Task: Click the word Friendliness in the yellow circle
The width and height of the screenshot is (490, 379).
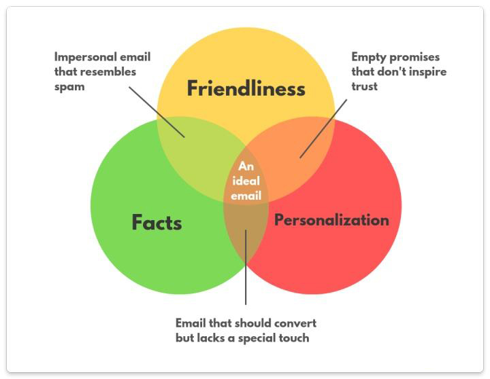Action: click(x=246, y=88)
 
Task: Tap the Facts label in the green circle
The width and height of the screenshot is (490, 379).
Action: click(x=157, y=222)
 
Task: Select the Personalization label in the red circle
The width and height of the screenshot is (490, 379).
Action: click(x=331, y=220)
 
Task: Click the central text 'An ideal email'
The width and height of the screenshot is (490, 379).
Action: click(x=246, y=181)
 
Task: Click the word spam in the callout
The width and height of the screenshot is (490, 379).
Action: click(x=69, y=86)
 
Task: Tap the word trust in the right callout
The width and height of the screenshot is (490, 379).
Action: click(x=364, y=86)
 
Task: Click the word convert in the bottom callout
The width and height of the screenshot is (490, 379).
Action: click(x=297, y=323)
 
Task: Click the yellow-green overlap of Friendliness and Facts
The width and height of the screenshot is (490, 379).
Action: click(x=194, y=139)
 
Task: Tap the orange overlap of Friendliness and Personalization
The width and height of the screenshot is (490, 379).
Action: click(x=299, y=143)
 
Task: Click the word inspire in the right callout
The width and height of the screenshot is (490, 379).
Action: click(x=427, y=72)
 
